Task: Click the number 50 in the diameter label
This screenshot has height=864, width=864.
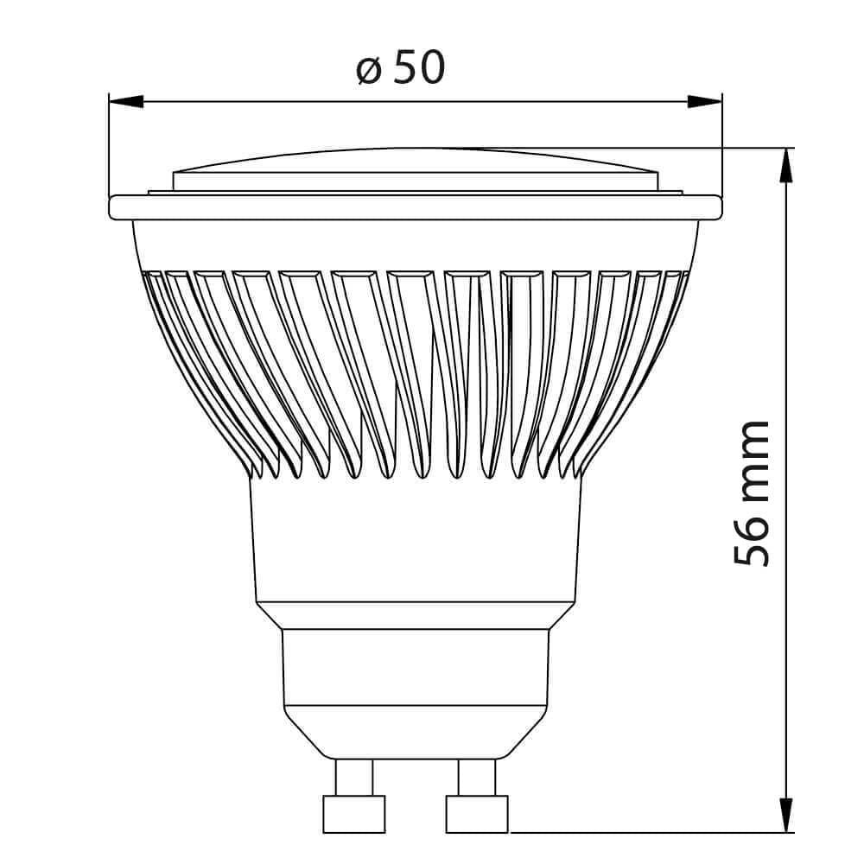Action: tap(420, 67)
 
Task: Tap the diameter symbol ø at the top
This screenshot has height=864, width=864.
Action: tap(369, 70)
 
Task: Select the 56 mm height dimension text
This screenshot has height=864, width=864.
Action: tap(751, 492)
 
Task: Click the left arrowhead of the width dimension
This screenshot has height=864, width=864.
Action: tap(126, 101)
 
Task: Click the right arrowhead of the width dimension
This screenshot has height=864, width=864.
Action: tap(704, 101)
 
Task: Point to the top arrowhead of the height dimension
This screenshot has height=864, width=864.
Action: tap(785, 165)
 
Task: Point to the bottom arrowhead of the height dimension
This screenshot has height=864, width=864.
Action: tap(785, 815)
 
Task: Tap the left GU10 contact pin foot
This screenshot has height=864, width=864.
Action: tap(353, 814)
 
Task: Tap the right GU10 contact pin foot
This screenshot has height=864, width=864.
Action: tap(477, 814)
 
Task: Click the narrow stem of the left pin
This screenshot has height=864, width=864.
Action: tap(354, 777)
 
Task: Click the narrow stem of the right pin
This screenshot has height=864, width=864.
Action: tap(477, 777)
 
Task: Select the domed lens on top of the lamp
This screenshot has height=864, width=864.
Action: tap(415, 168)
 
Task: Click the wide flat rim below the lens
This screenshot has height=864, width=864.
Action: tap(415, 207)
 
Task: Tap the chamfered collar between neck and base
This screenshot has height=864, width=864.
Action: tap(415, 615)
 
